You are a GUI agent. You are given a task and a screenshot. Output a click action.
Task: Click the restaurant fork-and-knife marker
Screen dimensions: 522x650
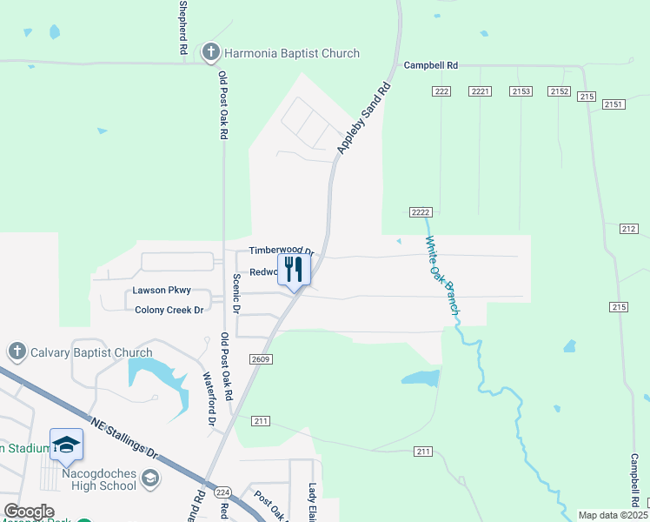pos(294,269)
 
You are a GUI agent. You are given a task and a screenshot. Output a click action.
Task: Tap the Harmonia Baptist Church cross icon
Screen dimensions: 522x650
pos(209,53)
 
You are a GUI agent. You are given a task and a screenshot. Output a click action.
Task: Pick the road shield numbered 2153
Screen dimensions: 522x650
pos(521,91)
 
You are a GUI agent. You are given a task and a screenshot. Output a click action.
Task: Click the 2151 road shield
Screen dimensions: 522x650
pos(614,104)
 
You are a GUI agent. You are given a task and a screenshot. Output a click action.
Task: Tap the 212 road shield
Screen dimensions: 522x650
pos(629,228)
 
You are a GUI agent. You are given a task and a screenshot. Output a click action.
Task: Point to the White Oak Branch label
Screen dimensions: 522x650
pos(442,277)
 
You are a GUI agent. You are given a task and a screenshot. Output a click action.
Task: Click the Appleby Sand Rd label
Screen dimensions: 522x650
pos(363,119)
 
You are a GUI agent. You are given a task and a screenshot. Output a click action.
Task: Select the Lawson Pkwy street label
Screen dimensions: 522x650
pos(162,291)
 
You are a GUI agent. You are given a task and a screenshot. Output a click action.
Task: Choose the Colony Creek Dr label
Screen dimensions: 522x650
pos(169,310)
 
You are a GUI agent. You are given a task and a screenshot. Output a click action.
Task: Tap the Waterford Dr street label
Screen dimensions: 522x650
pos(209,399)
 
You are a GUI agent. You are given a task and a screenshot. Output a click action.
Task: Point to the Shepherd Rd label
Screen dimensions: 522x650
pos(183,28)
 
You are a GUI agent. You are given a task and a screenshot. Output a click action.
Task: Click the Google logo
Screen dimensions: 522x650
pos(29,512)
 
